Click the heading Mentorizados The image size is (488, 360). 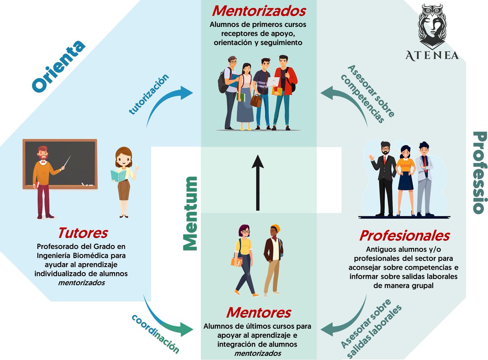coord(258,11)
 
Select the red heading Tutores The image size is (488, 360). coord(83,233)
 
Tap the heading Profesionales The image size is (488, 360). coord(404,235)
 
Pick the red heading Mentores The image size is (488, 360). coord(258,312)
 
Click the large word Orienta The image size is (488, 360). coord(59,66)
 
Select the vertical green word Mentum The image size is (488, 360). coord(190,213)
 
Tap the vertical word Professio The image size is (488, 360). coord(479,172)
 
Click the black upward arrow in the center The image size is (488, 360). coord(257,183)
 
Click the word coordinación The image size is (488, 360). coord(155,334)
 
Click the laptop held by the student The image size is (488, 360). coord(273,82)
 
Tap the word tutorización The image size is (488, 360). coord(148,94)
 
